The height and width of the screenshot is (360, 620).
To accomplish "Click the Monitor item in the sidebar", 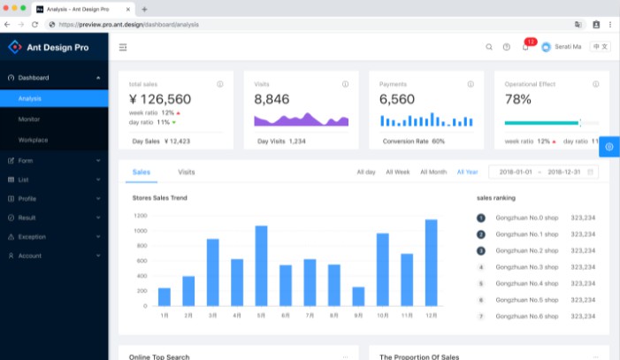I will coord(28,119).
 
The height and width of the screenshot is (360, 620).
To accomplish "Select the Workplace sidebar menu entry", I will coord(33,140).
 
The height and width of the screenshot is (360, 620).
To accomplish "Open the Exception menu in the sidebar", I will coord(32,236).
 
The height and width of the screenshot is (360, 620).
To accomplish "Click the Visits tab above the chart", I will coord(187,172).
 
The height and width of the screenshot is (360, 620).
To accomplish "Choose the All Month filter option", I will coord(433,172).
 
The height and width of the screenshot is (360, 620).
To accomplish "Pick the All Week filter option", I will coord(397,172).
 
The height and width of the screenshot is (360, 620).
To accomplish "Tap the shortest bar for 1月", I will coord(165,296).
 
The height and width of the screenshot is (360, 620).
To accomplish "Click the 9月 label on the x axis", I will coord(358,315).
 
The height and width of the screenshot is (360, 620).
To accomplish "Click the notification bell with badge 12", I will coord(525,47).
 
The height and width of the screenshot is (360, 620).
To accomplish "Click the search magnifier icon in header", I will coord(489,47).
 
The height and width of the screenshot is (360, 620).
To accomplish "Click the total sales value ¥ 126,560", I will coord(160,99).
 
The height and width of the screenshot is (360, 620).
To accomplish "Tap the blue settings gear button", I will coord(609,146).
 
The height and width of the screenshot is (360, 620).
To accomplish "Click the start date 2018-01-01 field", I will coord(517,172).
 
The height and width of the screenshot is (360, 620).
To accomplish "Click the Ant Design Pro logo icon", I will coord(14,47).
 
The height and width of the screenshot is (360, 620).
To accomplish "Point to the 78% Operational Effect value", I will coord(518,99).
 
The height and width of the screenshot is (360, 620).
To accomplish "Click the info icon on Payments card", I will coord(471,84).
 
